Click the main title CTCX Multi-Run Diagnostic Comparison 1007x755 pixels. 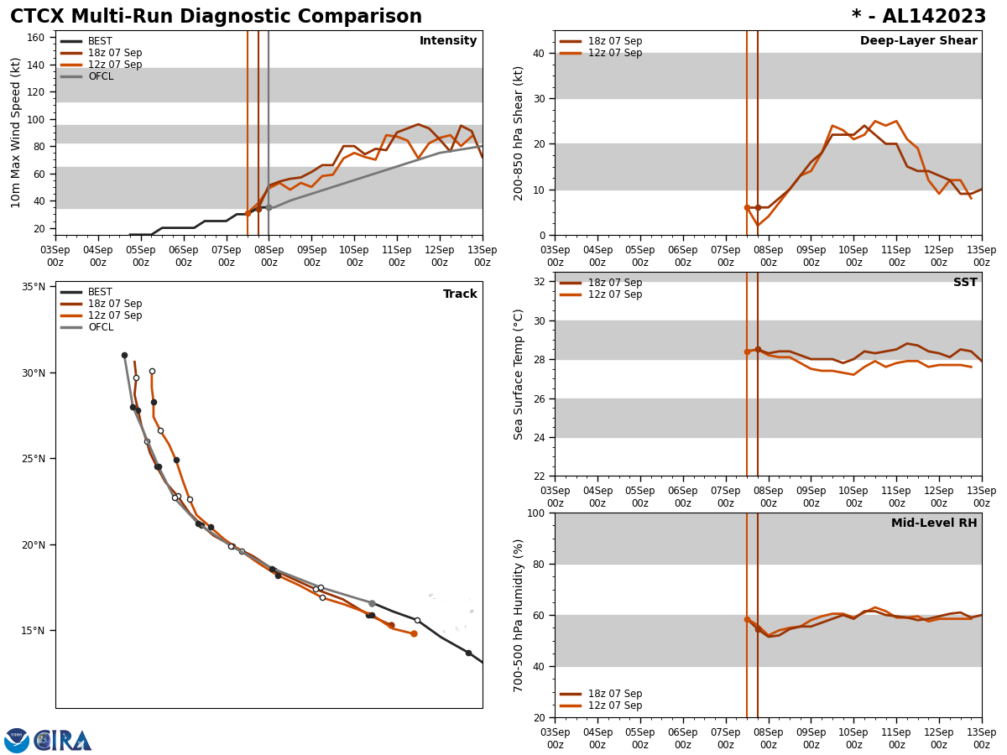(216, 17)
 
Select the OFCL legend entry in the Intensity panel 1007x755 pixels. (100, 76)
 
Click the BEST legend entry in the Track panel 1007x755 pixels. (100, 292)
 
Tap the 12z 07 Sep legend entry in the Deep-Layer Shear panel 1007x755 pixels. (614, 53)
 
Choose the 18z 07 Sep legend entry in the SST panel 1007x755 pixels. (614, 283)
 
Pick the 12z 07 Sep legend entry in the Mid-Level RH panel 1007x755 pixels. (614, 706)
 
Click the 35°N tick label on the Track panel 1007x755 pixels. (34, 287)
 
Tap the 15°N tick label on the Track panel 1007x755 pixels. (34, 631)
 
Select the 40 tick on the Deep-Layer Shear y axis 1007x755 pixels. (538, 54)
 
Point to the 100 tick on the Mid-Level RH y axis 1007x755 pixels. (535, 513)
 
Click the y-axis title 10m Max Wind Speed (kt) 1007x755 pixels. (16, 133)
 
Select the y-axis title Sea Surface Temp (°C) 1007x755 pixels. (519, 374)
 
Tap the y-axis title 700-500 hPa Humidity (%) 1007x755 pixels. (519, 615)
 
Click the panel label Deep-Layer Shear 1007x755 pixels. (918, 41)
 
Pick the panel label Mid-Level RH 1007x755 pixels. (934, 523)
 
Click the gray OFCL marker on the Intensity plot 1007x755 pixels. (269, 207)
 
